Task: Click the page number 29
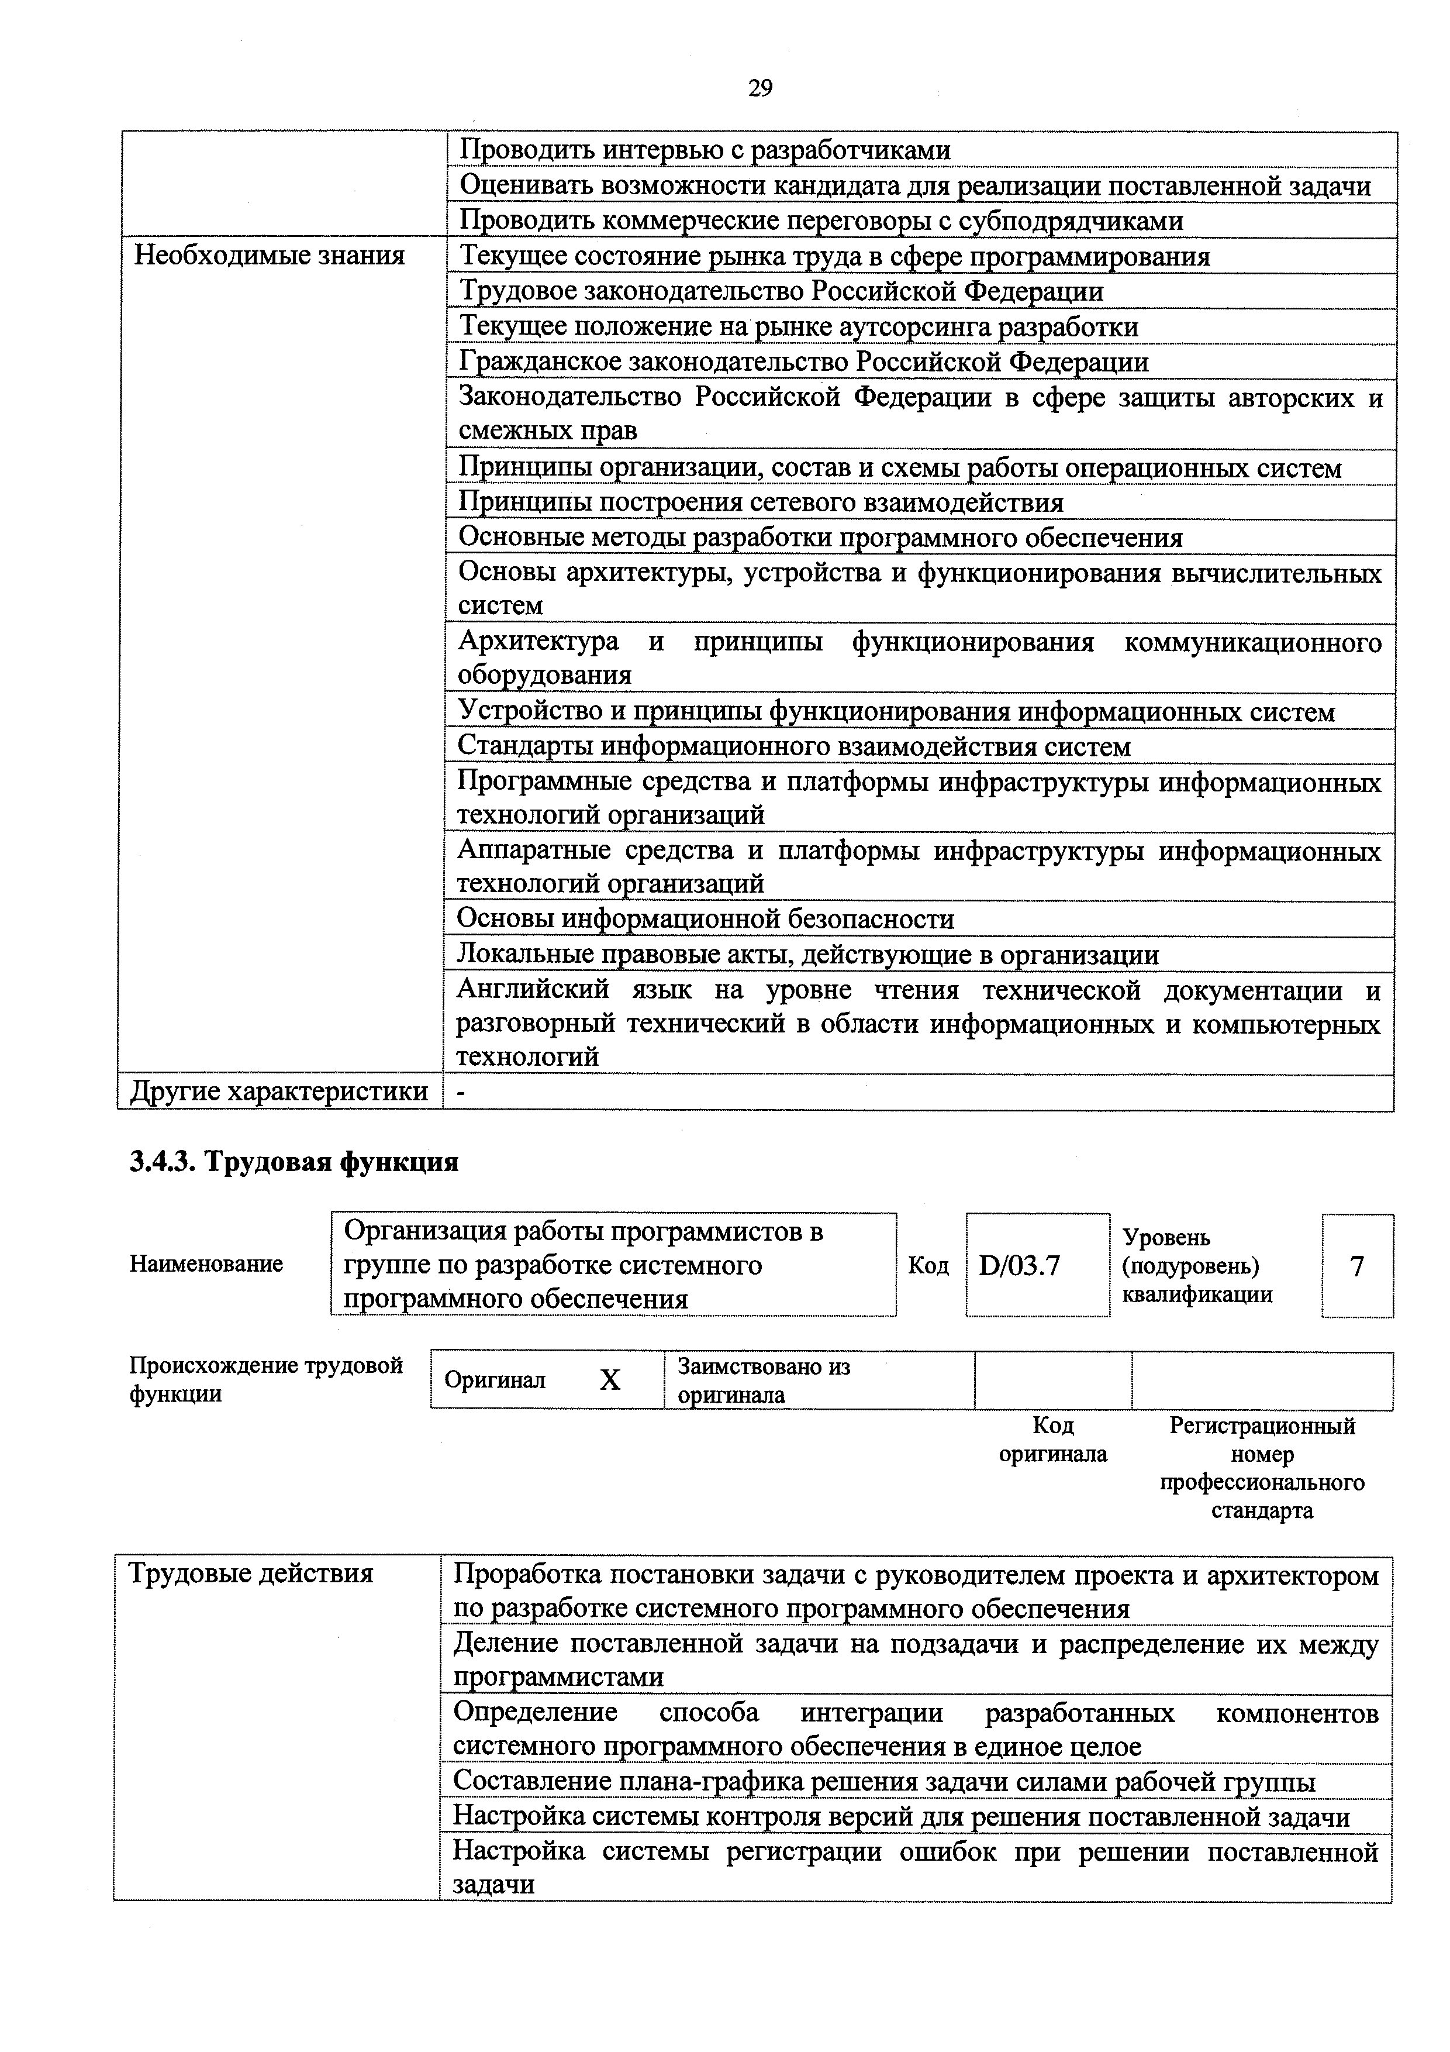click(x=759, y=88)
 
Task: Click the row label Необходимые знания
click(x=269, y=256)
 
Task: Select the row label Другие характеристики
click(x=279, y=1092)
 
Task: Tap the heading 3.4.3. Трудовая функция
click(x=294, y=1161)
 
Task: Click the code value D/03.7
click(x=1019, y=1265)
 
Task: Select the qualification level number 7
click(x=1356, y=1265)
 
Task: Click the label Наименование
click(x=206, y=1263)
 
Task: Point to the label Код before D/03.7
click(x=928, y=1265)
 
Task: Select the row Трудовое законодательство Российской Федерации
click(x=781, y=291)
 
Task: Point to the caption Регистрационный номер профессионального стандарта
click(x=1262, y=1468)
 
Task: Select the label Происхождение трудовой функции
click(x=266, y=1380)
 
